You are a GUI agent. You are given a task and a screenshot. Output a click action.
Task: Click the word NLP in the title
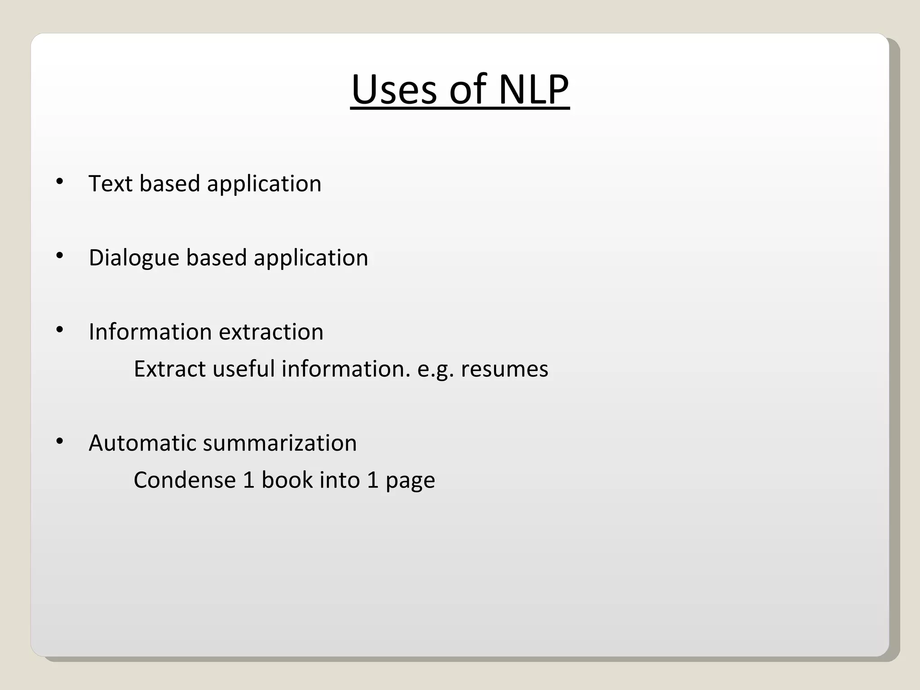pyautogui.click(x=533, y=89)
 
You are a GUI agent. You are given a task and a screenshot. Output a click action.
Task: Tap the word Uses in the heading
pyautogui.click(x=394, y=89)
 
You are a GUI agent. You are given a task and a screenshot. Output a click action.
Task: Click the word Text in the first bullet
pyautogui.click(x=110, y=183)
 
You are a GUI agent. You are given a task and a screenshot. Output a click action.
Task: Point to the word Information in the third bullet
pyautogui.click(x=150, y=332)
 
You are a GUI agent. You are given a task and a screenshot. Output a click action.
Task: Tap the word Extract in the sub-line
pyautogui.click(x=169, y=369)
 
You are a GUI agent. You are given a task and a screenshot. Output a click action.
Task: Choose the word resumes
pyautogui.click(x=504, y=369)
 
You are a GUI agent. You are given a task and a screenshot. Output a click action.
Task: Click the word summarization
pyautogui.click(x=280, y=443)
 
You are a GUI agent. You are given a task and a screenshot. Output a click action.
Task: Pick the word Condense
pyautogui.click(x=185, y=480)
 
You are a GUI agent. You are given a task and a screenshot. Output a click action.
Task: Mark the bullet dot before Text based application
pyautogui.click(x=59, y=182)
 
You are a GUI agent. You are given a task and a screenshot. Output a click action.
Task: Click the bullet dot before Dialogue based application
pyautogui.click(x=59, y=256)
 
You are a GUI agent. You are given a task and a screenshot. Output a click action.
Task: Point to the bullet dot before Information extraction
pyautogui.click(x=59, y=330)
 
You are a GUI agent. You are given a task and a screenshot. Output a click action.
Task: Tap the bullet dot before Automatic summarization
pyautogui.click(x=59, y=442)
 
